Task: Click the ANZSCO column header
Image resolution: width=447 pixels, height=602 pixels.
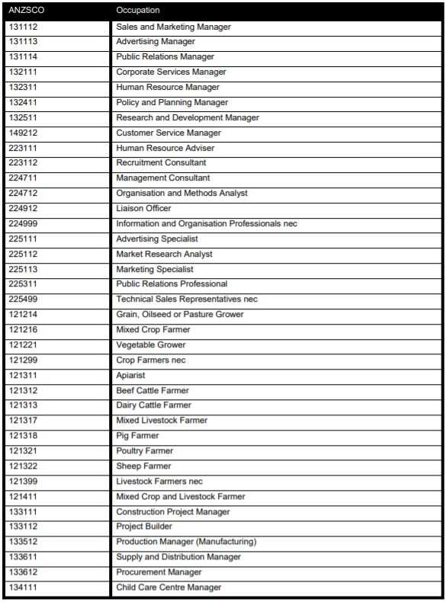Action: click(x=27, y=11)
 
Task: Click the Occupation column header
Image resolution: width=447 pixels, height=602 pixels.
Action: click(x=138, y=11)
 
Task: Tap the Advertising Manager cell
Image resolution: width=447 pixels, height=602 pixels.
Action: click(x=156, y=42)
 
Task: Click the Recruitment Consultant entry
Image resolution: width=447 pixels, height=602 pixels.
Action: click(x=161, y=163)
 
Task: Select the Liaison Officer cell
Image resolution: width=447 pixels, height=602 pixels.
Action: click(x=143, y=208)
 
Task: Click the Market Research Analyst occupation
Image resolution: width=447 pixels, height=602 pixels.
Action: click(x=164, y=254)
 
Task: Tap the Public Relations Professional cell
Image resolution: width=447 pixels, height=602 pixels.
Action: click(x=172, y=284)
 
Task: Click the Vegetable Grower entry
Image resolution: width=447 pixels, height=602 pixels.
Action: click(x=151, y=344)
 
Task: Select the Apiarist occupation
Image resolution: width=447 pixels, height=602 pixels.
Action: click(x=130, y=375)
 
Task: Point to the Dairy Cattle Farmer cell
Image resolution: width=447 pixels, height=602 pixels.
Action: click(x=154, y=405)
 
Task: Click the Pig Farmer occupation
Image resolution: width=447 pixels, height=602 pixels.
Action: click(x=138, y=436)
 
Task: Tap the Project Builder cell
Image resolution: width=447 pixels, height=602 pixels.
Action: click(x=144, y=527)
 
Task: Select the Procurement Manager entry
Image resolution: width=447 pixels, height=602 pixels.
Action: click(x=159, y=572)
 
